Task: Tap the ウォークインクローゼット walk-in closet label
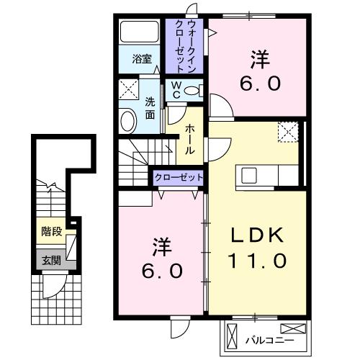tap(186, 45)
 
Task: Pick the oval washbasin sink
tap(127, 120)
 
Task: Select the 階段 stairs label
tap(50, 232)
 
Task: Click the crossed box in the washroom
tap(129, 91)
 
